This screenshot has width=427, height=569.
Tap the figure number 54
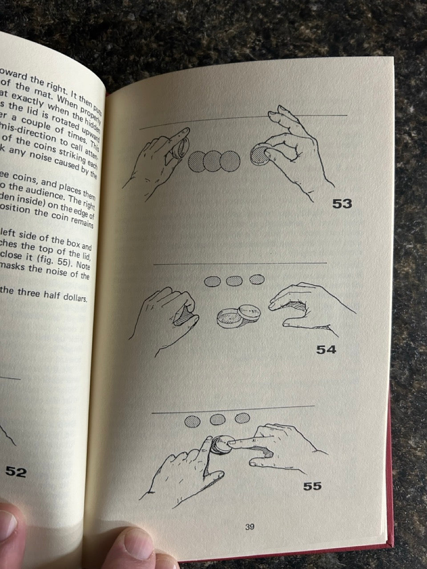[x=326, y=349]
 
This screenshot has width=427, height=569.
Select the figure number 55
[x=312, y=486]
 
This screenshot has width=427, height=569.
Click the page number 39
[x=250, y=527]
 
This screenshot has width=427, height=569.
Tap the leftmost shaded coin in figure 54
[x=213, y=281]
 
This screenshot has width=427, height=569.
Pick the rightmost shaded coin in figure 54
[x=257, y=279]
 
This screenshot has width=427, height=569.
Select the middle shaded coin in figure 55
[x=218, y=419]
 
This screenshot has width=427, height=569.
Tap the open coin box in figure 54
[x=236, y=316]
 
